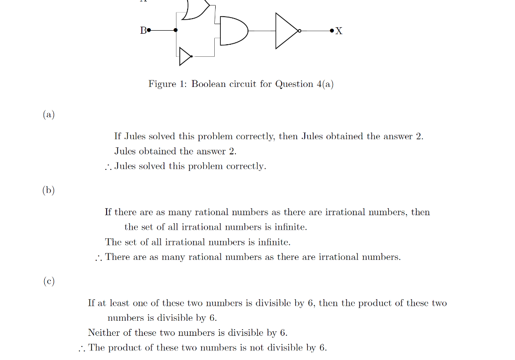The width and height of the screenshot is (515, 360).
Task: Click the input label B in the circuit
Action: tap(143, 31)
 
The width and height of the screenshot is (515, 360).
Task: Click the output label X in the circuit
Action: tap(338, 31)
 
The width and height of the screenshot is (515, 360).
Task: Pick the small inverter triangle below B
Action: tap(185, 57)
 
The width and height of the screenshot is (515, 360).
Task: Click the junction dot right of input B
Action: tap(176, 30)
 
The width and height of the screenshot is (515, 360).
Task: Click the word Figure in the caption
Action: tap(161, 84)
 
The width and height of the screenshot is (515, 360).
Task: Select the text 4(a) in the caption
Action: tap(324, 84)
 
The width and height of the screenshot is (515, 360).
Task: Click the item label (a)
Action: tap(48, 115)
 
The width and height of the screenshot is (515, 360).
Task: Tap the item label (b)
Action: tap(48, 190)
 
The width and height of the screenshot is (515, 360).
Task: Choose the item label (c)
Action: tap(48, 281)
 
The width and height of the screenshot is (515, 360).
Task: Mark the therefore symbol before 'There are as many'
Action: tap(99, 258)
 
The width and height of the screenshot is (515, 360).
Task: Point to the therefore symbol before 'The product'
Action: tap(82, 348)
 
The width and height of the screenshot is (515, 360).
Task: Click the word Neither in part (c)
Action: tap(104, 333)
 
